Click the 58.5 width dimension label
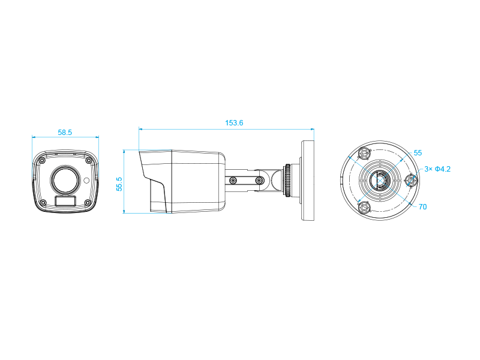[x=65, y=133]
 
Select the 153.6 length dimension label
[x=234, y=123]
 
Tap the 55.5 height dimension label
[x=119, y=184]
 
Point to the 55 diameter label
[x=418, y=153]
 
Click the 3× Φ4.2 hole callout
[x=437, y=169]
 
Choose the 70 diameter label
[x=423, y=207]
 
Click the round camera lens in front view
[x=65, y=179]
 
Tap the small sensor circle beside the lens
[x=86, y=181]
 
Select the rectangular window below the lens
[x=65, y=201]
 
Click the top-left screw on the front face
[x=43, y=160]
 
